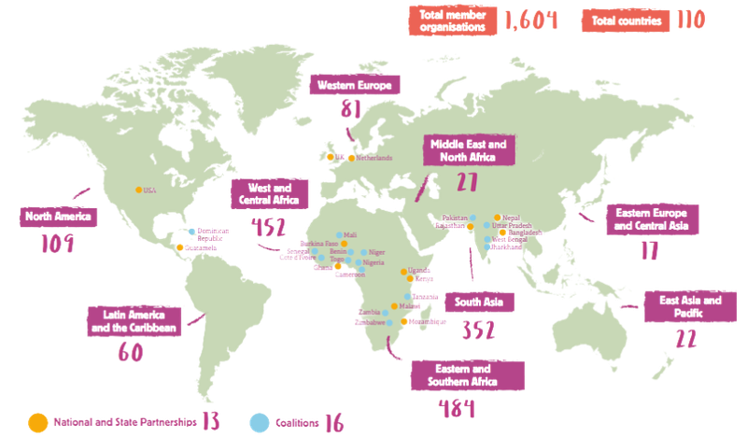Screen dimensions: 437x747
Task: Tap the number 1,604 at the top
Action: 529,20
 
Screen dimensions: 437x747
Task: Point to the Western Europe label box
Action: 356,86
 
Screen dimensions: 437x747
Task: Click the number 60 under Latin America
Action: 130,352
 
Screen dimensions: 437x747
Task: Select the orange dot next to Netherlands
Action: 350,158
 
